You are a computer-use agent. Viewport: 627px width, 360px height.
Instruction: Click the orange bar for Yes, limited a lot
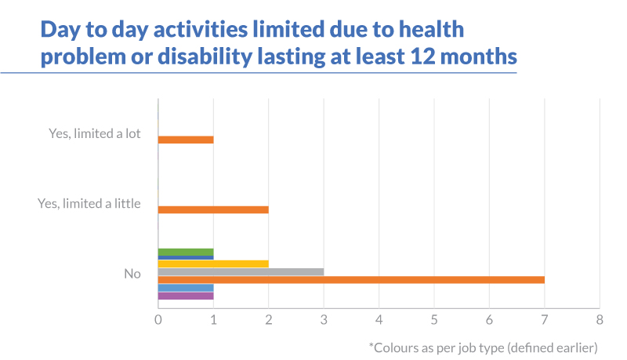pos(186,140)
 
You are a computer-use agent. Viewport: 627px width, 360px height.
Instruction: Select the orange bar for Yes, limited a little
pos(213,210)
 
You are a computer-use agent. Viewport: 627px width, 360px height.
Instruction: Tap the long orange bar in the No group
pos(351,280)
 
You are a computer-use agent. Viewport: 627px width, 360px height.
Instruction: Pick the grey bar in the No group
pos(241,272)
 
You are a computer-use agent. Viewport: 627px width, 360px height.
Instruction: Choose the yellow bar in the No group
pos(213,264)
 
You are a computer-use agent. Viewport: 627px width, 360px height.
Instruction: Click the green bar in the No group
pos(186,252)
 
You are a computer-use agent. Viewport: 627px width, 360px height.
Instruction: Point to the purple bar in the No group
pos(186,296)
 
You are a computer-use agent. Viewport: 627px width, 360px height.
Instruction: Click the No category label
pos(132,274)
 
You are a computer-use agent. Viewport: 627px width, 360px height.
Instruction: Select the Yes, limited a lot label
pos(94,133)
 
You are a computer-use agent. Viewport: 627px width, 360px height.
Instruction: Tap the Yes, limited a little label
pos(89,204)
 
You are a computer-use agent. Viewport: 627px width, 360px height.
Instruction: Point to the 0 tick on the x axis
pos(158,319)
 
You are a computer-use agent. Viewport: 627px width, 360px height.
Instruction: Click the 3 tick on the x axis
pos(324,319)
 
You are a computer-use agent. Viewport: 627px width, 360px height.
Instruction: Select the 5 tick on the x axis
pos(434,319)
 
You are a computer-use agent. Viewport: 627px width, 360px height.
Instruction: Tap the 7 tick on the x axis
pos(545,319)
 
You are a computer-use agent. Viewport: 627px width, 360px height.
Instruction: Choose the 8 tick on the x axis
pos(600,319)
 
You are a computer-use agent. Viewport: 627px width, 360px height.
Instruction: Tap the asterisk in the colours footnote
pos(371,345)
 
